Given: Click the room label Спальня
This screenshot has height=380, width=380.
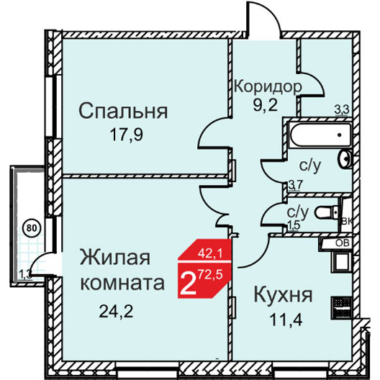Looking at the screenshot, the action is [123, 111].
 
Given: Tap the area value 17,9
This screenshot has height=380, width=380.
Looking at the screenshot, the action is [127, 135].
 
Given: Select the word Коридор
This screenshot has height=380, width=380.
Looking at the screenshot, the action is [268, 86].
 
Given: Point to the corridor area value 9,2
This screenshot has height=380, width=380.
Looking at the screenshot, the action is [265, 105].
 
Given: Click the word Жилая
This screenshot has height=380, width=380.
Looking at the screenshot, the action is [115, 258].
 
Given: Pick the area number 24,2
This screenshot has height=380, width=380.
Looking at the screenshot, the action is [117, 312].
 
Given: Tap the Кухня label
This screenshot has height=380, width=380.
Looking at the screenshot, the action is [283, 295].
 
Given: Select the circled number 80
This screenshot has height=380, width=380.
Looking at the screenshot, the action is [32, 228].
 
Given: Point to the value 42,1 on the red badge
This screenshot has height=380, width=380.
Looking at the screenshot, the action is [210, 254].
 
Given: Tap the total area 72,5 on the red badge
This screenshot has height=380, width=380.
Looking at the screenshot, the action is [210, 276].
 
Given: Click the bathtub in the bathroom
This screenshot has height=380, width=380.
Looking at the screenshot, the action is [321, 135].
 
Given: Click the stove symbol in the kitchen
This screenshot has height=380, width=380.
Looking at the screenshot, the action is [342, 307].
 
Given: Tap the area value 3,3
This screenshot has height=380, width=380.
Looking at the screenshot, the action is [342, 110].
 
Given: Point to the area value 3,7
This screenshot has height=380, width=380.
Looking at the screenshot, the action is [295, 186].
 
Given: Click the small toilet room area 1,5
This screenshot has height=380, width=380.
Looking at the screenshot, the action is [294, 225].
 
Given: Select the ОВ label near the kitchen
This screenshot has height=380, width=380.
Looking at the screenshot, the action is [343, 243].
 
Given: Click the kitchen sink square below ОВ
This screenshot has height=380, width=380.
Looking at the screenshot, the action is [342, 262].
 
